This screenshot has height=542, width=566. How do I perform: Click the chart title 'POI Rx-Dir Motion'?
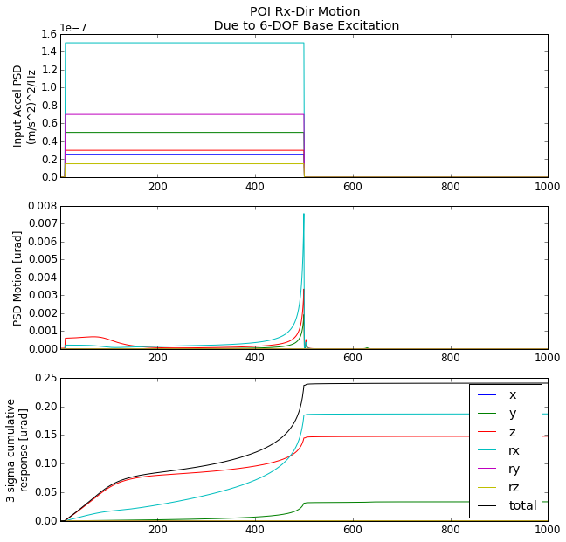(306, 11)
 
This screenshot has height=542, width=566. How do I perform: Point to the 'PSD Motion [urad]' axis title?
(18, 278)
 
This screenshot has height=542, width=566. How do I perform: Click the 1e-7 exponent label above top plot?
(74, 28)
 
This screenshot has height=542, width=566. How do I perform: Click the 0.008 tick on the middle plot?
(41, 206)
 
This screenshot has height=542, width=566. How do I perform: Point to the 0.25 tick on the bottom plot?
(45, 378)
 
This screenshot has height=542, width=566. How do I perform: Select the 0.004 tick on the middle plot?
(41, 278)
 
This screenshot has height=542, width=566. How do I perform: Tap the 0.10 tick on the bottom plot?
(45, 463)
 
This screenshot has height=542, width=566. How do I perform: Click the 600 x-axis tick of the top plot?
(352, 186)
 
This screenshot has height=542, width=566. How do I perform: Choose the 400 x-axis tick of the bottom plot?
(255, 530)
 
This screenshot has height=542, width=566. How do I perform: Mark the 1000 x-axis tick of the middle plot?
(547, 358)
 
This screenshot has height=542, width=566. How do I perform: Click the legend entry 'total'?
(522, 505)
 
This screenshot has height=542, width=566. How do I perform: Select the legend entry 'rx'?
(514, 450)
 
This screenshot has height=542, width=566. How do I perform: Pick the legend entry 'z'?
(512, 432)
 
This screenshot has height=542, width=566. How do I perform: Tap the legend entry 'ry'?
(514, 469)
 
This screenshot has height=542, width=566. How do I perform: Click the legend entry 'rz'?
(514, 487)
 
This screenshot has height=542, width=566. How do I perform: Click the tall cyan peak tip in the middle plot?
(304, 214)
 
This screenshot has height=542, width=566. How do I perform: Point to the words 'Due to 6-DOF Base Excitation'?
(306, 25)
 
